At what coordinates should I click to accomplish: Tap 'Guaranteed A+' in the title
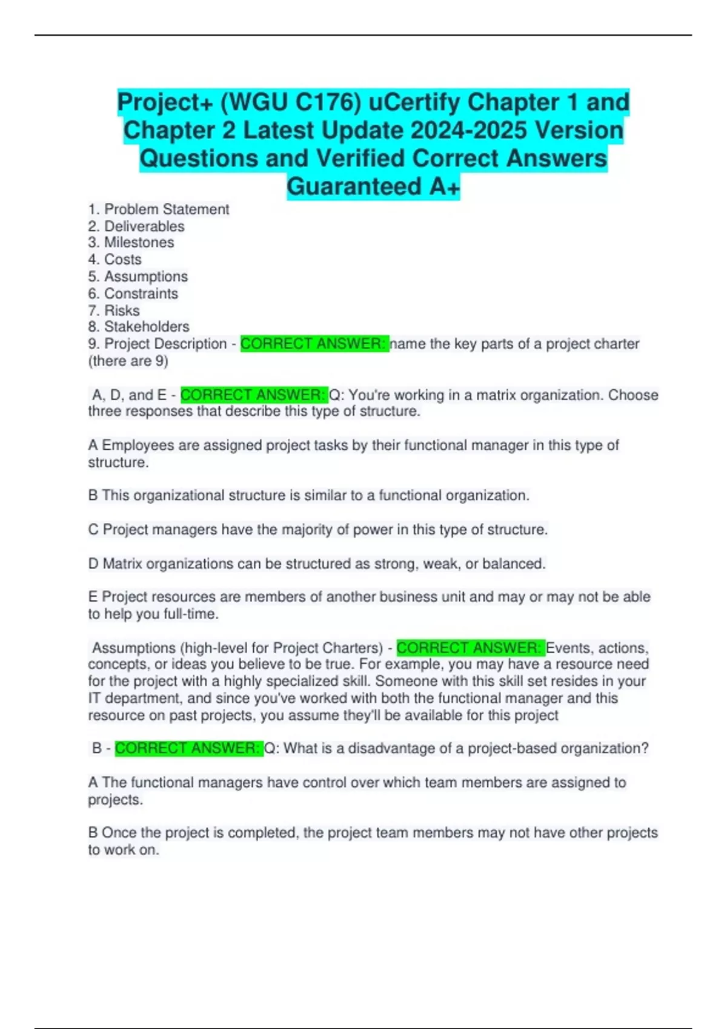373,186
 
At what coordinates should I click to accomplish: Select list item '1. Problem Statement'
159,209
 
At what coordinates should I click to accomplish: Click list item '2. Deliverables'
136,226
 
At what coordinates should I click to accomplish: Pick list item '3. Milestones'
131,243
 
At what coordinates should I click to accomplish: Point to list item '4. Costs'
115,260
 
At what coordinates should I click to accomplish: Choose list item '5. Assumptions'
138,277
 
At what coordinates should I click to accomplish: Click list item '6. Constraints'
133,294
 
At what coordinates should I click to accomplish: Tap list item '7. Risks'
114,311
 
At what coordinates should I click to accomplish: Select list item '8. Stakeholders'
139,327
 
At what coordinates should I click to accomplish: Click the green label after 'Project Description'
314,344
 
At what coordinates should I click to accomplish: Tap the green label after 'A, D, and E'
254,395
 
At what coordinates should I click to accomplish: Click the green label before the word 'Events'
470,648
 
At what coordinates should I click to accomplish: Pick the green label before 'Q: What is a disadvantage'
188,749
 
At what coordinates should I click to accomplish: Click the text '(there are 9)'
128,361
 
